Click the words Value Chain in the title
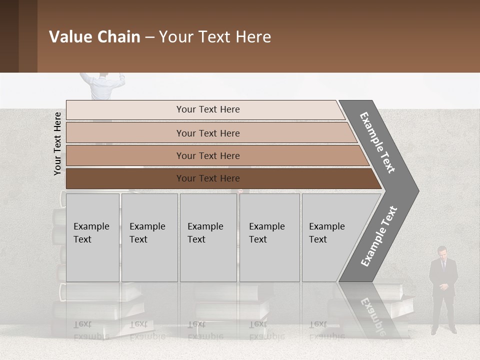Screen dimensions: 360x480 (94, 37)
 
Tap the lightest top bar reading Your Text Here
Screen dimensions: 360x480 (207, 109)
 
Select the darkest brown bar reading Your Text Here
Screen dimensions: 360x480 (207, 178)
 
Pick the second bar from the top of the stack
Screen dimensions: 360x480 (207, 133)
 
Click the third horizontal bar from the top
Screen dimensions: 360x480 (207, 155)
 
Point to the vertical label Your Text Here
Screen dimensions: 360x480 (57, 143)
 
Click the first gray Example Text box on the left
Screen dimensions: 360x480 (92, 237)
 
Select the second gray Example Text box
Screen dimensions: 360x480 (149, 237)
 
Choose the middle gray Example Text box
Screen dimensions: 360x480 (208, 237)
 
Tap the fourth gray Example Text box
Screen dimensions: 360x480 (269, 237)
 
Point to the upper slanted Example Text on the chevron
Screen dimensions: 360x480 (377, 142)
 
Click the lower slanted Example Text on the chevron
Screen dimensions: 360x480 (379, 236)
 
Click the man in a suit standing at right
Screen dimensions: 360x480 (442, 290)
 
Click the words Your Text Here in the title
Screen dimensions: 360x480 (215, 37)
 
